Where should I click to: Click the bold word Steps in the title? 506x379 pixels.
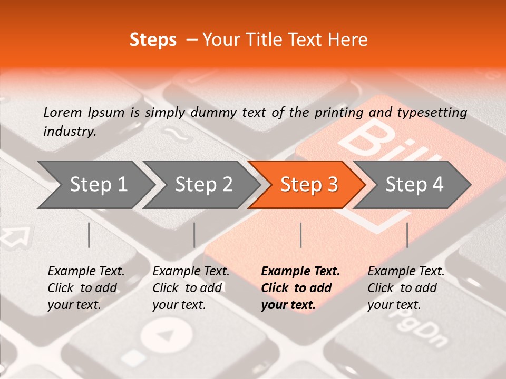(153, 40)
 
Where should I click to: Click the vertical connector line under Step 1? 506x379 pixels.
(89, 235)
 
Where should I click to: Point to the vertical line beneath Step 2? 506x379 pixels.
(194, 235)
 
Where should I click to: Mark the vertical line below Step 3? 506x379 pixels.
(301, 235)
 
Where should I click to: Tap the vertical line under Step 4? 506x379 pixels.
(407, 235)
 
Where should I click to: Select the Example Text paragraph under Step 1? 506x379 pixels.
(86, 288)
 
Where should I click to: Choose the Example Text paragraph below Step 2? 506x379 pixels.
(191, 288)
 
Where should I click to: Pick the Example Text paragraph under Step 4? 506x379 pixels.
(406, 288)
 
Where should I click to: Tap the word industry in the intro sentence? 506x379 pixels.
(70, 132)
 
